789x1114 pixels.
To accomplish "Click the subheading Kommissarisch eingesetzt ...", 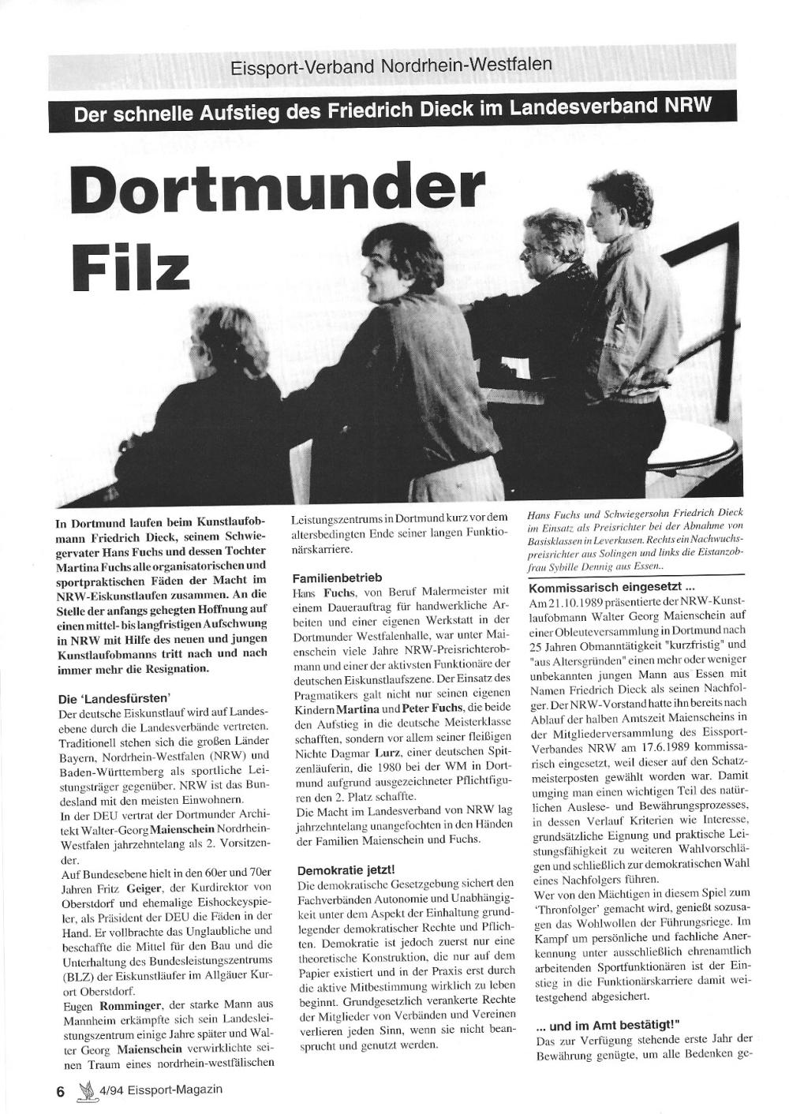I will click(611, 589).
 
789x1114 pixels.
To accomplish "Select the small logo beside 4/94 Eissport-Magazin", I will click(84, 1089).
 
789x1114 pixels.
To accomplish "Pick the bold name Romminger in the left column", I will click(132, 1007).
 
